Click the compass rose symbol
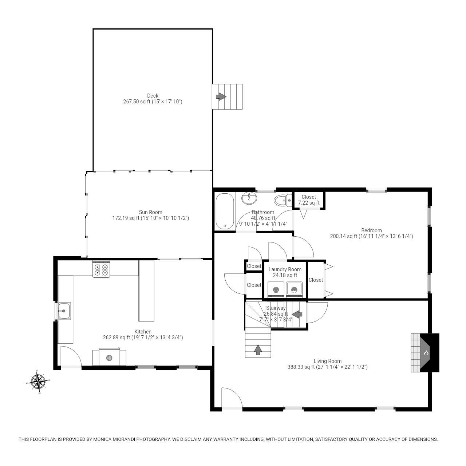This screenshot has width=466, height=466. point(38,382)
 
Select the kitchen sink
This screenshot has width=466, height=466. point(64,311)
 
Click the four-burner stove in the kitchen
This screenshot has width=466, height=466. point(102,269)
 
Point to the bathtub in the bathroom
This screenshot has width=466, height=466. point(224,211)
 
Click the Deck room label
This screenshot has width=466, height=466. point(153,96)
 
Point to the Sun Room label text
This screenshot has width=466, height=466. point(150,212)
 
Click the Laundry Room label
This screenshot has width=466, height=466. point(285,269)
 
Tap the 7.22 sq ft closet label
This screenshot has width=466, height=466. point(309,203)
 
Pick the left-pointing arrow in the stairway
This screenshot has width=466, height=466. point(297,314)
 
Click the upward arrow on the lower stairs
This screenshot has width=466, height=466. point(258,349)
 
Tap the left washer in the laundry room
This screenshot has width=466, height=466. point(276,290)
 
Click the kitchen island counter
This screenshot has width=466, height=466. point(146,291)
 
